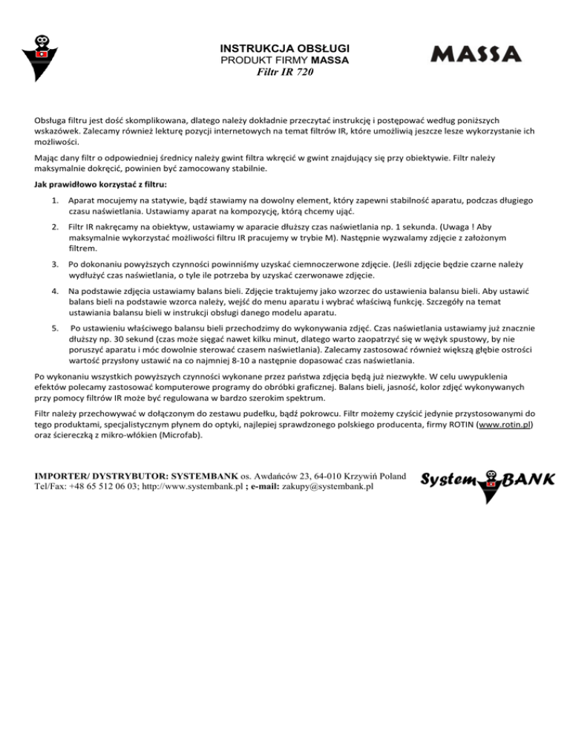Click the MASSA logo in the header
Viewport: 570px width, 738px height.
(476, 54)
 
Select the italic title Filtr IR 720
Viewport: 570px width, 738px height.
(285, 73)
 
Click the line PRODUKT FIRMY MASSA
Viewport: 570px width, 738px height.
(286, 59)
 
